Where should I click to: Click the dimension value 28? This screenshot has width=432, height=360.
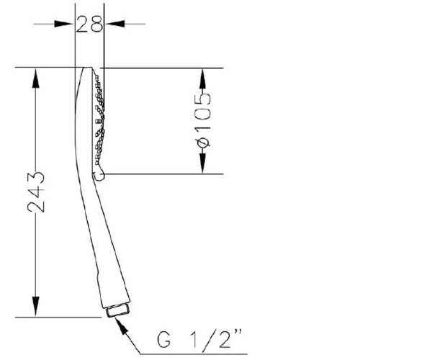[x=89, y=24]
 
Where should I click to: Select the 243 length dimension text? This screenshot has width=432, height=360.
[x=36, y=192]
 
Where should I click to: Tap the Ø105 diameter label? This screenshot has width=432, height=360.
[x=202, y=120]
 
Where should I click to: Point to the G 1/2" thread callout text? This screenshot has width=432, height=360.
[x=200, y=339]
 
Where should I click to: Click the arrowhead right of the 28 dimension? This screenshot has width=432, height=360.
[x=114, y=24]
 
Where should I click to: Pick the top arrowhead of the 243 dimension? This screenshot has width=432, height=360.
[x=35, y=78]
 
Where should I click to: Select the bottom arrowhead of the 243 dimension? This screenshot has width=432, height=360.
[x=35, y=307]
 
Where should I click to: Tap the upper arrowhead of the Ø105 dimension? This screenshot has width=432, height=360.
[x=202, y=78]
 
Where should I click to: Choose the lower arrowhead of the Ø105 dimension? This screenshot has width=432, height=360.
[x=202, y=163]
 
